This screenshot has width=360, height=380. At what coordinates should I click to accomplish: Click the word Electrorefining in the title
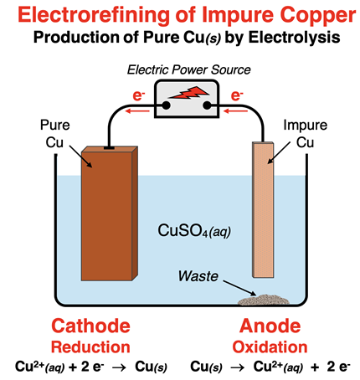[82, 15]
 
